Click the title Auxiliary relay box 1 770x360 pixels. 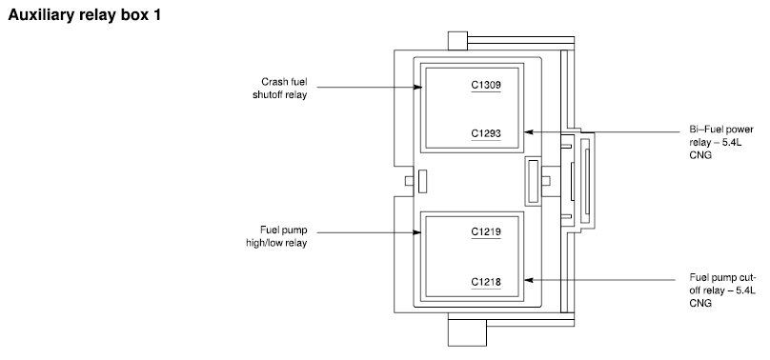point(85,15)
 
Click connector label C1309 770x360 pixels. point(486,86)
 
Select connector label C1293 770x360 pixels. point(486,133)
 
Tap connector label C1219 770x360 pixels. point(486,231)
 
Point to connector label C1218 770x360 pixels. point(486,282)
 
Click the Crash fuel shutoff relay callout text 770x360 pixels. point(280,89)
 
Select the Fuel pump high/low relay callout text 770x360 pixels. point(276,236)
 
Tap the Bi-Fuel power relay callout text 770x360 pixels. point(720,142)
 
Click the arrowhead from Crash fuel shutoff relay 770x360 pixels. point(418,88)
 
